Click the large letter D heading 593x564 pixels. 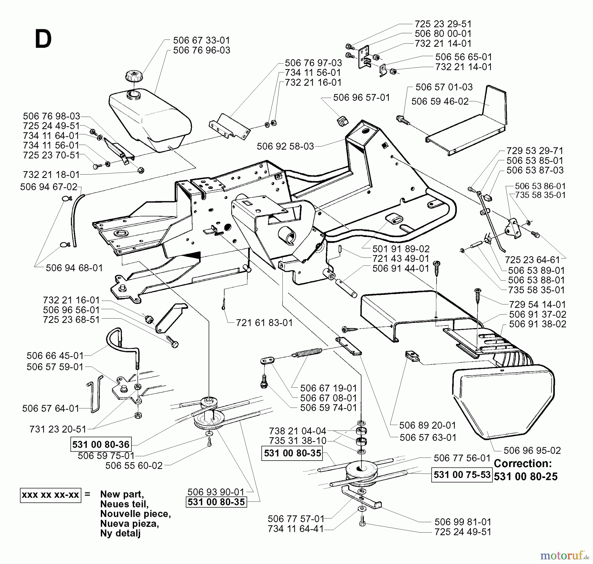[43, 40]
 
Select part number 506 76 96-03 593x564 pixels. [201, 50]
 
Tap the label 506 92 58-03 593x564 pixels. [285, 146]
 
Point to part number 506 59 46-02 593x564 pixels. [440, 101]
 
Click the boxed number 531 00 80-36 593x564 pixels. [101, 444]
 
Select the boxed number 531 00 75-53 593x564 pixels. [462, 474]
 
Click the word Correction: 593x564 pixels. [522, 464]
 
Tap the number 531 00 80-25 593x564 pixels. [526, 477]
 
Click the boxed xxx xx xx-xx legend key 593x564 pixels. [50, 495]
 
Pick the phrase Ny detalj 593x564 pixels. [120, 533]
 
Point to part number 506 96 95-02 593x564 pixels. [532, 450]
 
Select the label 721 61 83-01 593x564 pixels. [264, 323]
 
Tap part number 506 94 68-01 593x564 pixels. [74, 268]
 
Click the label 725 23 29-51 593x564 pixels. [443, 24]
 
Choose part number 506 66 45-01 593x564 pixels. [55, 356]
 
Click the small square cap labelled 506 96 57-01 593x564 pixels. [342, 121]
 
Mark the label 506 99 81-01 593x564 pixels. [463, 522]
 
